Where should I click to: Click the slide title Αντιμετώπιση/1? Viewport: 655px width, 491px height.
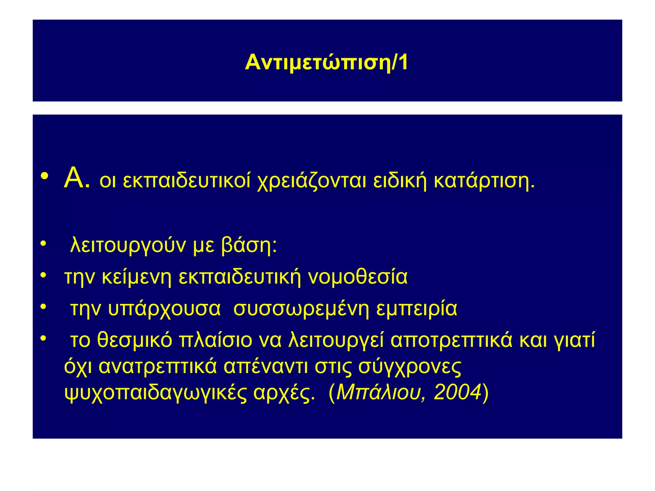click(327, 62)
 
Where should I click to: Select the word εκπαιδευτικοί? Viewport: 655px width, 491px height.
click(187, 181)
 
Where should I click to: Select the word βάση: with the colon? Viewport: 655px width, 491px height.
click(249, 245)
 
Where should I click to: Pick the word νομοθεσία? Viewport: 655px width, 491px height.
click(358, 277)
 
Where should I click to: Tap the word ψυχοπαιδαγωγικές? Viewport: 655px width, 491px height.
click(156, 393)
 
